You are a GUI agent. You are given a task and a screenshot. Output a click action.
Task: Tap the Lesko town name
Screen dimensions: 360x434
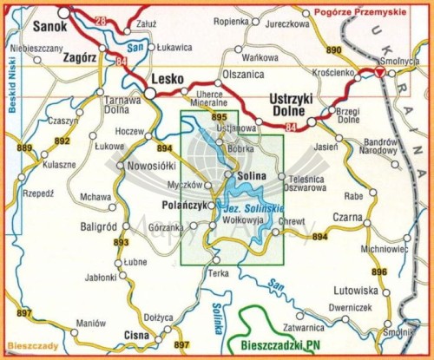(x=168, y=79)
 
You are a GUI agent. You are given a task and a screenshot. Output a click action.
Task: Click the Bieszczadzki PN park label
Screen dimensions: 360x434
(x=277, y=347)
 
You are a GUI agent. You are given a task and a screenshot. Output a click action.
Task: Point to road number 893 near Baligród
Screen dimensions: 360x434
(x=120, y=242)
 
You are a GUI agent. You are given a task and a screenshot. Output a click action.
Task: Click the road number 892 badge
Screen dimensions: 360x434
(x=62, y=140)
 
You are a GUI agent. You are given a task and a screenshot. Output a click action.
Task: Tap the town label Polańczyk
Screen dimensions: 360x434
(x=183, y=206)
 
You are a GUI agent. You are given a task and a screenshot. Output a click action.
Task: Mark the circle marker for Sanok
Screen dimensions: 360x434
(x=63, y=13)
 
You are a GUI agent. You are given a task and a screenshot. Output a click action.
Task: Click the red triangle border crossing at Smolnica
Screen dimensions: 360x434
(x=379, y=74)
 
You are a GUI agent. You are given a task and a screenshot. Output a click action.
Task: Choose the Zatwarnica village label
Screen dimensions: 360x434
(x=309, y=328)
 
